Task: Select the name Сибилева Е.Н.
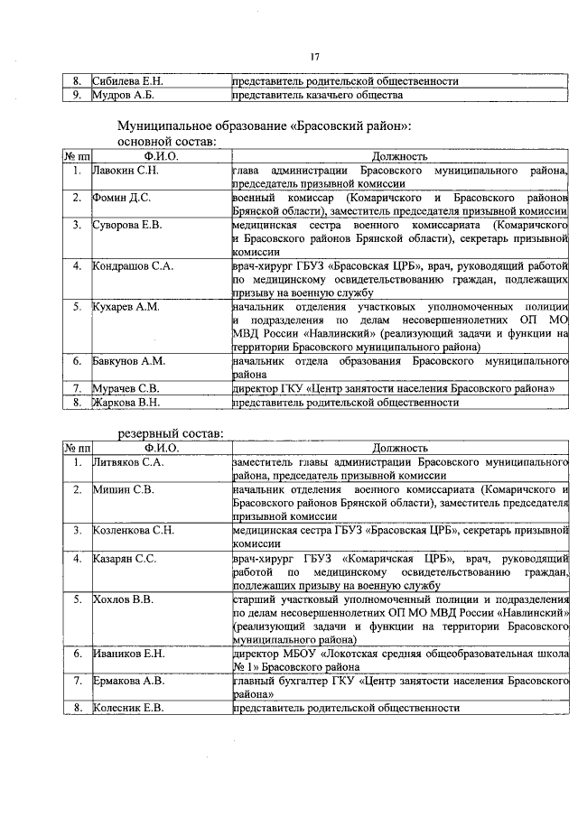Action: [127, 81]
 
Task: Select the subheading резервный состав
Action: [171, 433]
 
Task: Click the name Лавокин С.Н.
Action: [126, 170]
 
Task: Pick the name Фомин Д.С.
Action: [120, 197]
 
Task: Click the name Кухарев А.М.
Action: [126, 307]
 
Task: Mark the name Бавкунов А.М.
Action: [128, 361]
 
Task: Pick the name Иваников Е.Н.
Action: [128, 652]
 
